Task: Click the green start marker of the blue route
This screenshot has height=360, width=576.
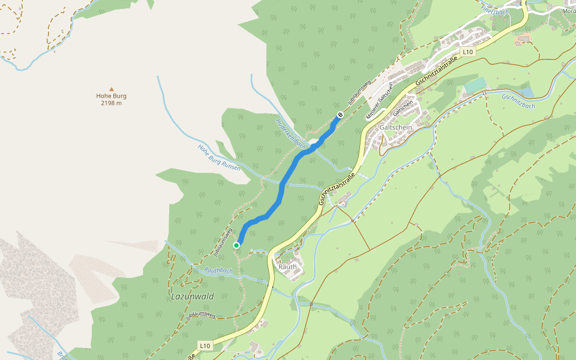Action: pyautogui.click(x=236, y=245)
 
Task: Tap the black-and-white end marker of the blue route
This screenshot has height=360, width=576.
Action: pyautogui.click(x=340, y=114)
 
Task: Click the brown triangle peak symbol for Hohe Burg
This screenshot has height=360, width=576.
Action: pyautogui.click(x=111, y=89)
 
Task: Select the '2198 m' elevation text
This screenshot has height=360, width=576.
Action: pyautogui.click(x=111, y=103)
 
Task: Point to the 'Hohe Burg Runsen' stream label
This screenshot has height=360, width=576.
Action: pyautogui.click(x=219, y=157)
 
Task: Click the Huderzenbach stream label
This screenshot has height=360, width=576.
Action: pyautogui.click(x=291, y=134)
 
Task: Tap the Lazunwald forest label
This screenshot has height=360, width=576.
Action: pyautogui.click(x=192, y=296)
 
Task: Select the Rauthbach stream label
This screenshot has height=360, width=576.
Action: pyautogui.click(x=218, y=271)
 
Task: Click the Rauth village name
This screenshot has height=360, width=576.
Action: pyautogui.click(x=287, y=266)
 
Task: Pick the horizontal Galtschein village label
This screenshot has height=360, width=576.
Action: pyautogui.click(x=396, y=128)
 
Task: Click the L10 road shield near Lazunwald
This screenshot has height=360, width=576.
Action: pyautogui.click(x=205, y=346)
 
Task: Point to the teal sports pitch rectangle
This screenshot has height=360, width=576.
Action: pyautogui.click(x=476, y=86)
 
